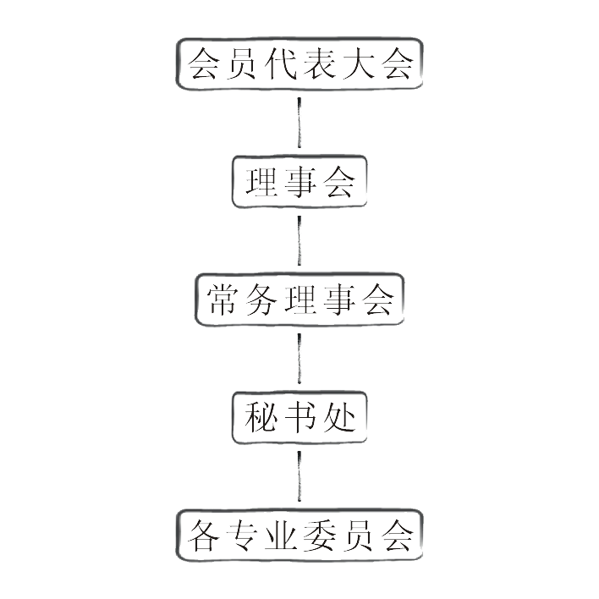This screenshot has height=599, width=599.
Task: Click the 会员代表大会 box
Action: click(x=299, y=64)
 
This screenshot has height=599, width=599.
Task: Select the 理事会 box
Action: click(x=299, y=182)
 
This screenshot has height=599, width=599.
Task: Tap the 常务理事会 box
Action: click(x=299, y=299)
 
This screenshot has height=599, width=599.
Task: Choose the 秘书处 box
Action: click(x=299, y=417)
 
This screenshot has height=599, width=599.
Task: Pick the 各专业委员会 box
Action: click(x=299, y=536)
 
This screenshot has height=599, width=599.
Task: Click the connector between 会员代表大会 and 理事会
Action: click(x=299, y=123)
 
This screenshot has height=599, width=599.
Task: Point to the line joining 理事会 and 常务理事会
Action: click(x=299, y=240)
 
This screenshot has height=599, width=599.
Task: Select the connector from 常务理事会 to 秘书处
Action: click(x=299, y=359)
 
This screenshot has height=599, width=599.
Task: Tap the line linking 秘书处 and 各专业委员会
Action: click(x=299, y=476)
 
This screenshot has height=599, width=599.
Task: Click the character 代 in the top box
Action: click(x=280, y=64)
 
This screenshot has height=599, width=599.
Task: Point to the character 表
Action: click(x=319, y=64)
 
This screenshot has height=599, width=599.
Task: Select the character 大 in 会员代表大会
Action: click(x=358, y=64)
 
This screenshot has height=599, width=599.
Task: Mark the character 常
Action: click(x=223, y=299)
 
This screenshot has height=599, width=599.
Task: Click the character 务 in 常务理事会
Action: click(x=261, y=299)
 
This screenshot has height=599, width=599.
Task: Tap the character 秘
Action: click(x=261, y=417)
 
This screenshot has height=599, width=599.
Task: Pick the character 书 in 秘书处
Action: click(x=299, y=417)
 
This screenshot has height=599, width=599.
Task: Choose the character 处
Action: click(x=339, y=417)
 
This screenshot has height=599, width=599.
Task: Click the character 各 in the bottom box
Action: click(x=203, y=536)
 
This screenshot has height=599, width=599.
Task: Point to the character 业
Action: click(x=280, y=536)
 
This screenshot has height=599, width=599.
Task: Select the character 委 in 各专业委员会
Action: click(x=319, y=536)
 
